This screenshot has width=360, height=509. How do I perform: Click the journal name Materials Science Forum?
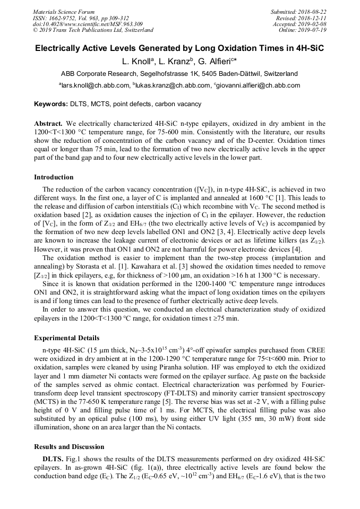point(64,12)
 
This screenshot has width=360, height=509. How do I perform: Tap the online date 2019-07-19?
point(313,30)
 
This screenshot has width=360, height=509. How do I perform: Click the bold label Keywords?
point(52,104)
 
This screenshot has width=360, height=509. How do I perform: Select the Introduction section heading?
point(54,177)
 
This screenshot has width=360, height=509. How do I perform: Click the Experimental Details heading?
point(66,338)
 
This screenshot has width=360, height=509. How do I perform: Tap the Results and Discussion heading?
point(69,446)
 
